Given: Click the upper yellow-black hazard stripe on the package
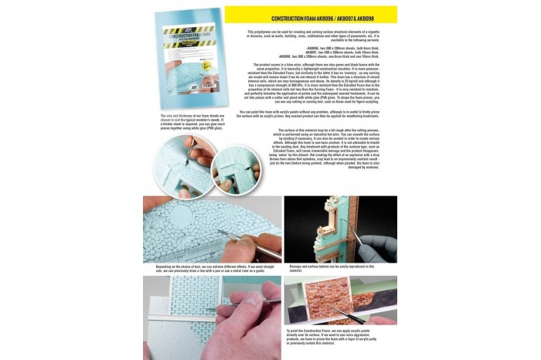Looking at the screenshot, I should point(189,29).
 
